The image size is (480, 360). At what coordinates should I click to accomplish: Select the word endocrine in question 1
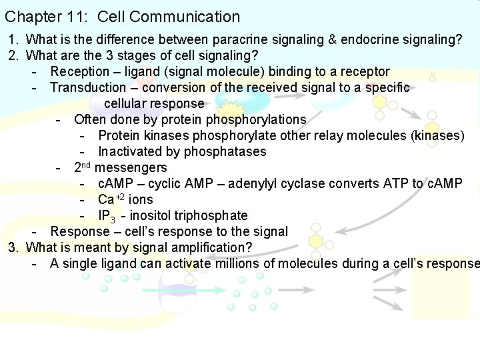click(x=357, y=40)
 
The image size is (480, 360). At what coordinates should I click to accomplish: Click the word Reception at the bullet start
click(x=80, y=72)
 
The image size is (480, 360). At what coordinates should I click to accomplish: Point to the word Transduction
click(x=88, y=88)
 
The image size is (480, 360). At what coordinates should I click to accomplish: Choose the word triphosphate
click(x=212, y=216)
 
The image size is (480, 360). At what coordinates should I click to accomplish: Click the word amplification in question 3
click(x=213, y=248)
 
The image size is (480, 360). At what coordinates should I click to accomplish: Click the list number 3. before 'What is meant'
click(x=14, y=248)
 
